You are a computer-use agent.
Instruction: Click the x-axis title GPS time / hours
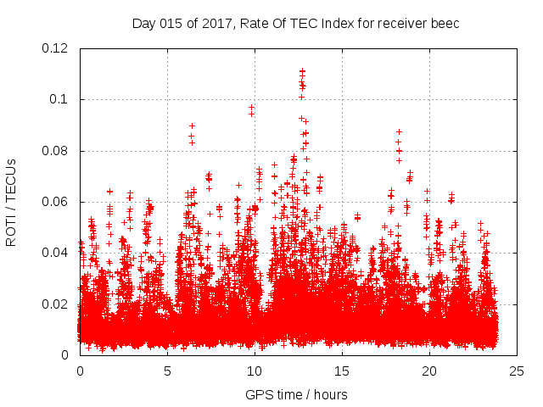pyautogui.click(x=296, y=394)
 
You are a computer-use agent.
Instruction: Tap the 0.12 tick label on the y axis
pyautogui.click(x=56, y=48)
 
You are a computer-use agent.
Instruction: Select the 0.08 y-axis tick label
pyautogui.click(x=56, y=151)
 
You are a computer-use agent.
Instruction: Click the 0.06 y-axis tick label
pyautogui.click(x=56, y=202)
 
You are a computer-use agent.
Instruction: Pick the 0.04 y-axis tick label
pyautogui.click(x=56, y=253)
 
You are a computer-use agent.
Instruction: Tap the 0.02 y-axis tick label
pyautogui.click(x=56, y=304)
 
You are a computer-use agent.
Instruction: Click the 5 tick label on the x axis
pyautogui.click(x=167, y=371)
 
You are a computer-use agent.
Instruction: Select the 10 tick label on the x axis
pyautogui.click(x=255, y=371)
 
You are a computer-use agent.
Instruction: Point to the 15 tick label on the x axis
pyautogui.click(x=342, y=371)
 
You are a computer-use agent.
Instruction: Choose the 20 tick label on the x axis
pyautogui.click(x=429, y=371)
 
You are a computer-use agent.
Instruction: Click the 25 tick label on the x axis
pyautogui.click(x=517, y=371)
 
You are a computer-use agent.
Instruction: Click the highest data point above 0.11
pyautogui.click(x=302, y=71)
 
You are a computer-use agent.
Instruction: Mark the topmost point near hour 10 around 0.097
pyautogui.click(x=251, y=108)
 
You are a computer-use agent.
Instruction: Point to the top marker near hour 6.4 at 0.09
pyautogui.click(x=192, y=125)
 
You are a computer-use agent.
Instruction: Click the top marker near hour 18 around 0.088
pyautogui.click(x=399, y=131)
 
